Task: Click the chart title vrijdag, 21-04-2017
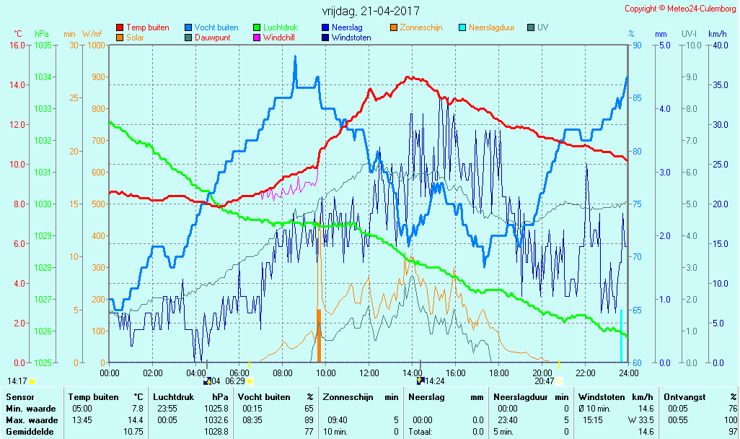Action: click(371, 12)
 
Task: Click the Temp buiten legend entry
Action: click(147, 27)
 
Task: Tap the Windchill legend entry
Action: click(278, 38)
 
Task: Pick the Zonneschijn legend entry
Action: click(420, 27)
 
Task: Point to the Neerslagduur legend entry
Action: click(491, 27)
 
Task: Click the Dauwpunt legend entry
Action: click(212, 38)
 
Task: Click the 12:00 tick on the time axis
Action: click(369, 373)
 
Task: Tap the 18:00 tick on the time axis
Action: click(499, 373)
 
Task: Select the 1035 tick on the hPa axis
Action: click(43, 45)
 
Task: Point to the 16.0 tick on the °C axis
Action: click(17, 45)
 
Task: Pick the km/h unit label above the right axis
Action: click(717, 33)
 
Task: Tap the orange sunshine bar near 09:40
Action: click(318, 336)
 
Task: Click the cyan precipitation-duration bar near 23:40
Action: click(621, 336)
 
